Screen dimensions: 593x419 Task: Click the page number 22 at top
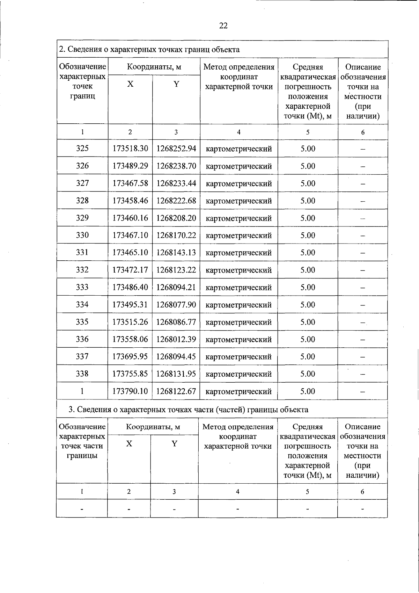click(223, 26)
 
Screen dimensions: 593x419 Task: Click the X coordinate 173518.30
click(130, 149)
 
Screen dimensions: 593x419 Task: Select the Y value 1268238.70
click(176, 166)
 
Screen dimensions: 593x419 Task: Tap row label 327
click(82, 183)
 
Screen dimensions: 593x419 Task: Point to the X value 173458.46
click(130, 201)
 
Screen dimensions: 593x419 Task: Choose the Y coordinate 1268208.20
click(176, 218)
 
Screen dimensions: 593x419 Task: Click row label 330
click(82, 235)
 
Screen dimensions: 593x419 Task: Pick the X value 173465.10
click(130, 252)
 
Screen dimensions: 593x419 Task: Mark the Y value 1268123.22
click(176, 270)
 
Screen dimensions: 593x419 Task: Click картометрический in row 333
click(239, 287)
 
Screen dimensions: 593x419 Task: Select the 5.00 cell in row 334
click(308, 304)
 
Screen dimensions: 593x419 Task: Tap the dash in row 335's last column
click(363, 323)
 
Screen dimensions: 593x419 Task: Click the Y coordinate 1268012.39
click(176, 339)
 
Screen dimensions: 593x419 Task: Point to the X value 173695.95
click(130, 356)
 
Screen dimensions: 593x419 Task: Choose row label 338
click(82, 374)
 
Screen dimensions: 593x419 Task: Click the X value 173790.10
click(130, 391)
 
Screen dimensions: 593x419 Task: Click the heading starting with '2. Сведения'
click(149, 49)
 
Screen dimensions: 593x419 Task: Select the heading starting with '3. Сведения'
click(188, 409)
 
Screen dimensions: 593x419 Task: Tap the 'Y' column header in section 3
click(174, 444)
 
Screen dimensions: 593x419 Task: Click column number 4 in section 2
click(239, 132)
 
